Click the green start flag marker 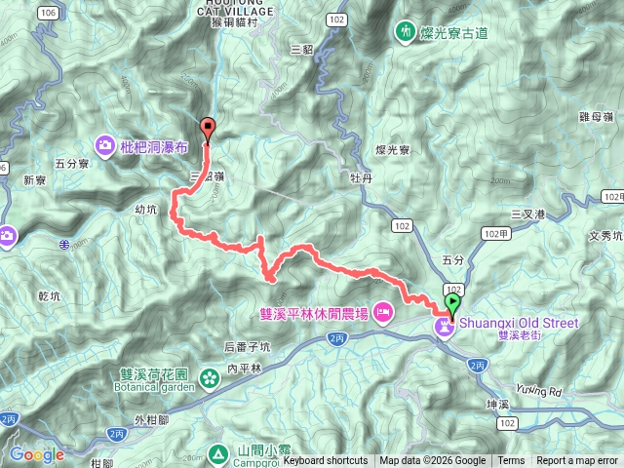point(452,303)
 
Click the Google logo point(36,454)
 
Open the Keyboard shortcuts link point(326,461)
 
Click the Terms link point(511,461)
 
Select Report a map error point(576,461)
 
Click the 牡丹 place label point(362,178)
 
